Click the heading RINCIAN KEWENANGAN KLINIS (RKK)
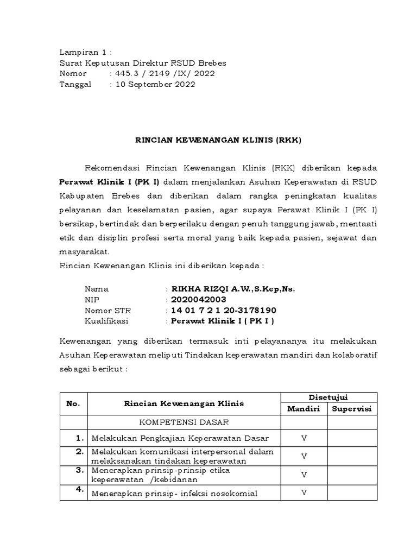point(218,140)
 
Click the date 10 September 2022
point(154,84)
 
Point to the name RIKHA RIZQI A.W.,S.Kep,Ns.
point(233,289)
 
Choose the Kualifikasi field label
point(106,321)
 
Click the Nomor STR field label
point(108,311)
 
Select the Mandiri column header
point(304,409)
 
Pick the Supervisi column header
point(352,409)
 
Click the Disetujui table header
point(328,397)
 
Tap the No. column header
point(73,403)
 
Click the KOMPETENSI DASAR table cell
point(184,422)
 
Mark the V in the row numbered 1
point(304,438)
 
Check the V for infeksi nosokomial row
point(304,492)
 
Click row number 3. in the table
point(79,470)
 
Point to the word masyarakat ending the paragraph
point(84,252)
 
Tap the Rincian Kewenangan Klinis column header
point(184,403)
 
